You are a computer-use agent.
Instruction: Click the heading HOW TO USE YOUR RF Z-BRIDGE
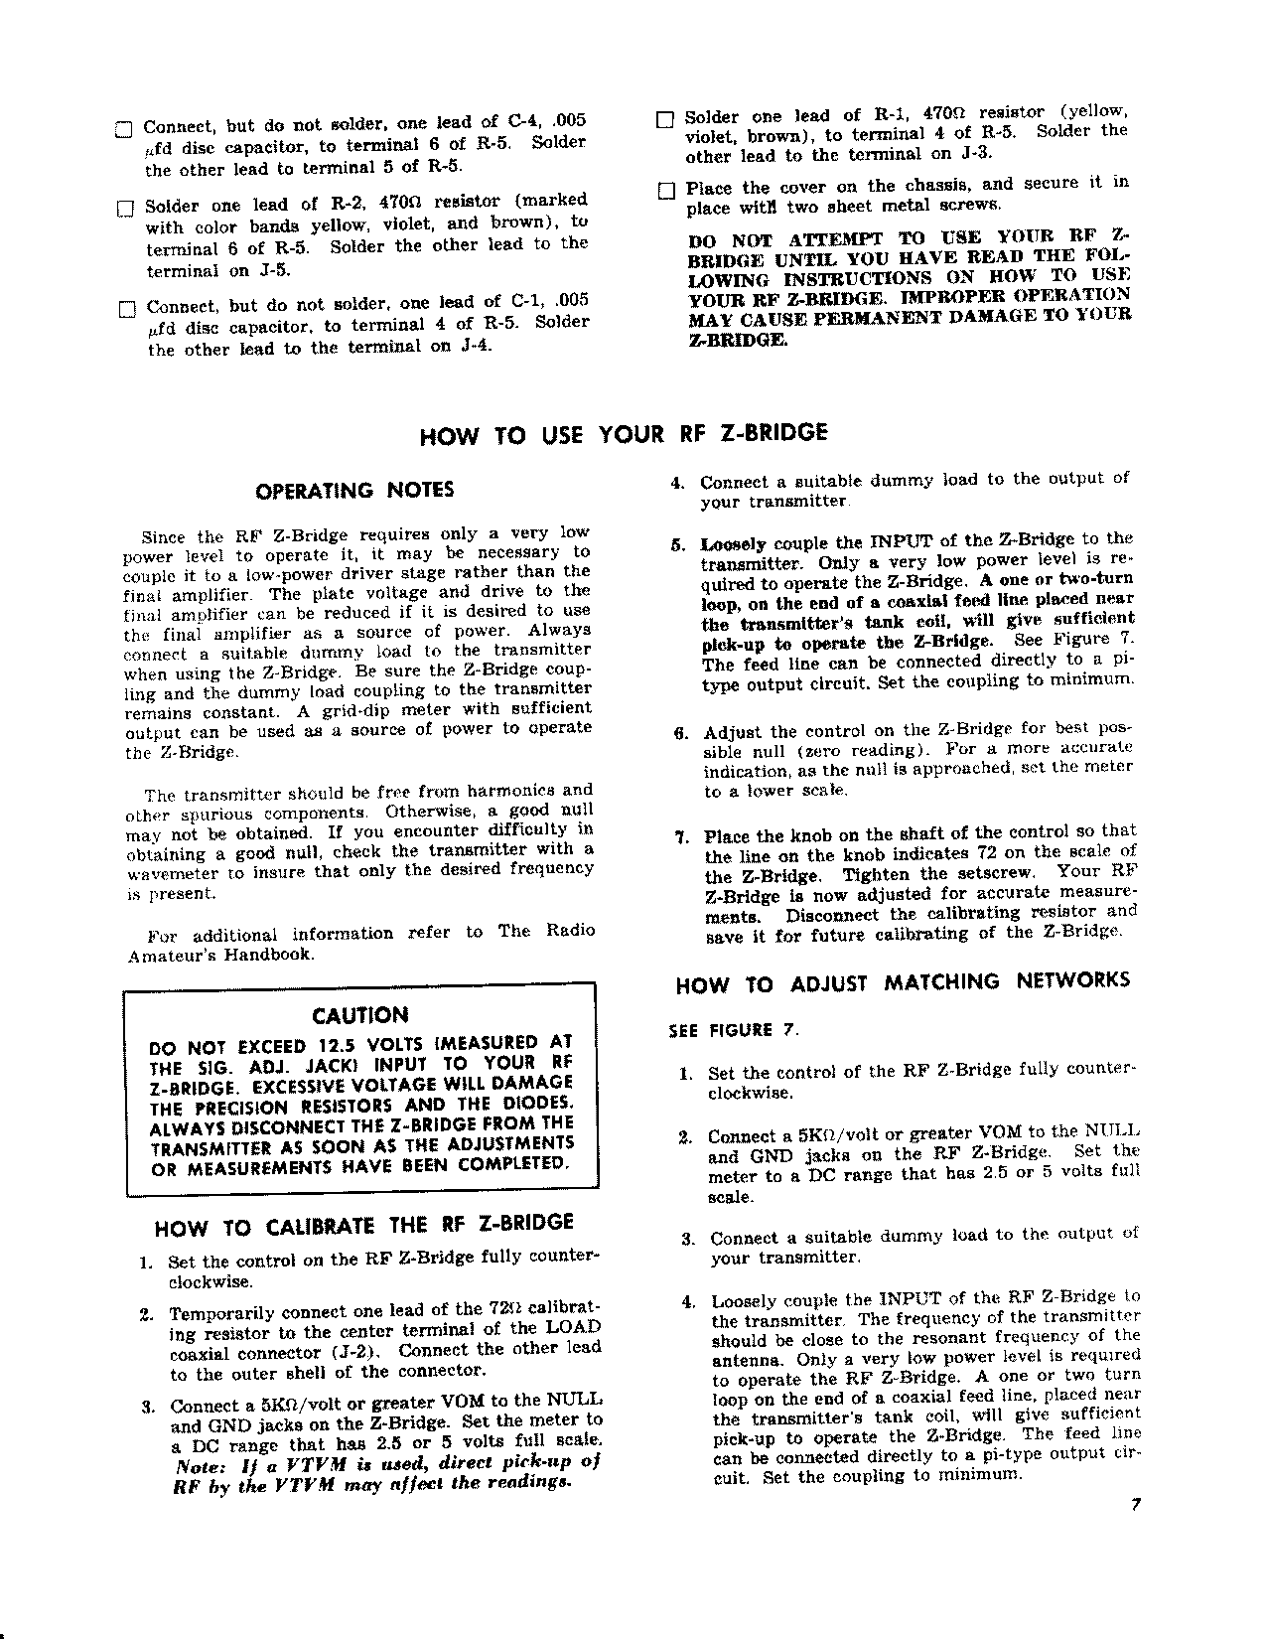(x=625, y=433)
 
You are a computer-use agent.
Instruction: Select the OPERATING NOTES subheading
(x=355, y=490)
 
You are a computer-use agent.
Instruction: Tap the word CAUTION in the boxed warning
(x=359, y=1015)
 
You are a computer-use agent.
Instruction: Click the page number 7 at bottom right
(x=1133, y=1504)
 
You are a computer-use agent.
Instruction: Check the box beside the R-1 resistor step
(x=665, y=119)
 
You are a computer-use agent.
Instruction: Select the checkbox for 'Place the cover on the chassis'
(x=665, y=190)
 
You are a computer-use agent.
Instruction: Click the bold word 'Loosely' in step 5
(x=731, y=543)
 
